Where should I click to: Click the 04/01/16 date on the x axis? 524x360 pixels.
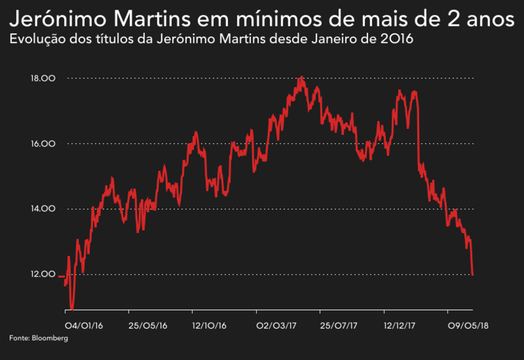click(x=84, y=325)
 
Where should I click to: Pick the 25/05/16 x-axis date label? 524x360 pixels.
click(x=148, y=325)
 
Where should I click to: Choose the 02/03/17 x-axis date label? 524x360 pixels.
click(x=277, y=325)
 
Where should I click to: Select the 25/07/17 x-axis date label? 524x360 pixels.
click(x=338, y=325)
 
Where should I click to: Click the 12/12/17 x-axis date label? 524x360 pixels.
click(x=401, y=325)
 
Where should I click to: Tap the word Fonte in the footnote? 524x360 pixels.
click(x=19, y=338)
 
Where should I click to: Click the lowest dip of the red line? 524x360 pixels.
click(x=72, y=309)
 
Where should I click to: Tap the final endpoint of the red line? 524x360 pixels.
click(x=473, y=275)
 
